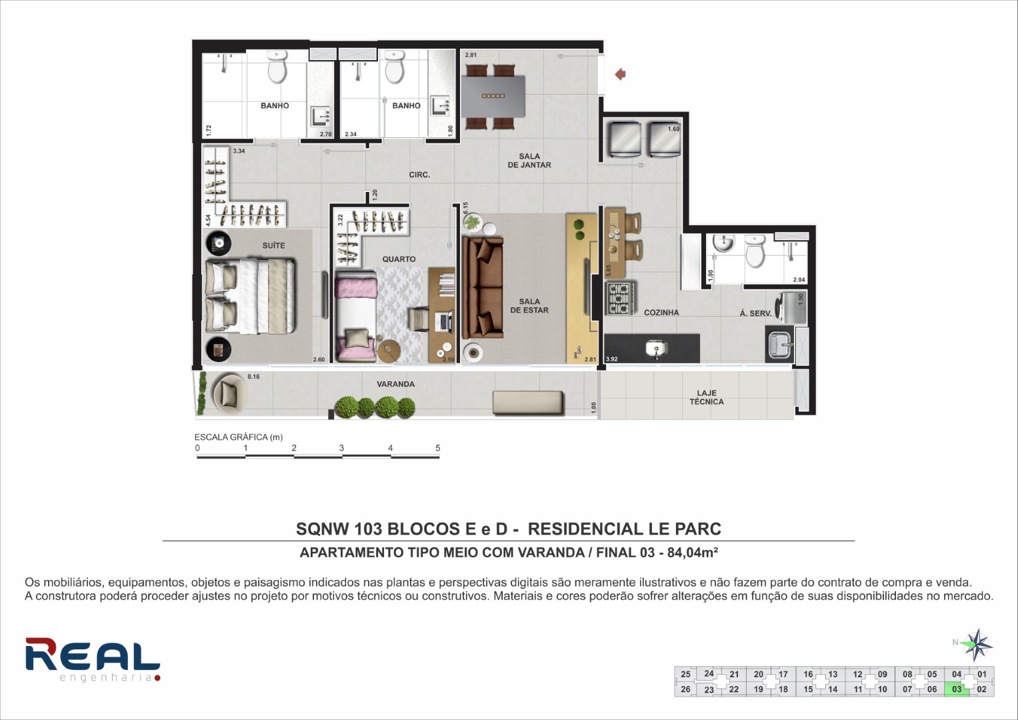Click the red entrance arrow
tap(621, 74)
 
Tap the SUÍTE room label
tap(273, 245)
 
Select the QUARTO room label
tap(399, 259)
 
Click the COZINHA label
tap(661, 313)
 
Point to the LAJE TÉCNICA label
tap(707, 397)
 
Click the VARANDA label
tap(395, 384)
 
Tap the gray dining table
tap(493, 97)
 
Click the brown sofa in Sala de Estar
tap(483, 288)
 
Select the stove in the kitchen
tap(619, 299)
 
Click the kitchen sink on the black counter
tap(656, 349)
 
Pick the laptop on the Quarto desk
tap(444, 321)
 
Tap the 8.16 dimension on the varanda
tap(253, 377)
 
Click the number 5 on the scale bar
tap(437, 448)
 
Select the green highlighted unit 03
tap(956, 689)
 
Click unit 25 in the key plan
tap(686, 674)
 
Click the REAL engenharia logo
tap(93, 659)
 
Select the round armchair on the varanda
tap(230, 393)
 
